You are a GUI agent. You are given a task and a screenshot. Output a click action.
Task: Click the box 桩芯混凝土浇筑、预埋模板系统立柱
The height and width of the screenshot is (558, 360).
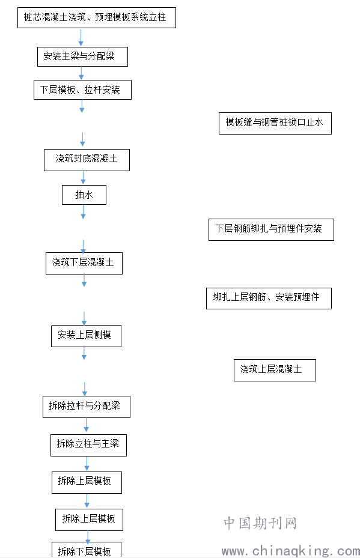point(97,17)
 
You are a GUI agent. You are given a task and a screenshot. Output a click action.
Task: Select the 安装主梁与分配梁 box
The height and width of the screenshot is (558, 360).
point(82,56)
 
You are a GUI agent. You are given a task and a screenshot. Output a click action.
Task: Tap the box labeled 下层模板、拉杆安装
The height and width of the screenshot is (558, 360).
point(82,89)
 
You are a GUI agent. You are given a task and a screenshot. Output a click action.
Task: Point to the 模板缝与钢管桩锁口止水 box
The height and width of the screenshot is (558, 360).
point(275,123)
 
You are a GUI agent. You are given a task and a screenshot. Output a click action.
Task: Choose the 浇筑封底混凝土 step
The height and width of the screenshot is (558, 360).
point(87,160)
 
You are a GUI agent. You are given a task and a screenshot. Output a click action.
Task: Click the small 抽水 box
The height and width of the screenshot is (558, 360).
point(84,195)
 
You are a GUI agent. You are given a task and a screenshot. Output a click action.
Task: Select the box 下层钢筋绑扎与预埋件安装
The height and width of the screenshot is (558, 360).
point(271,229)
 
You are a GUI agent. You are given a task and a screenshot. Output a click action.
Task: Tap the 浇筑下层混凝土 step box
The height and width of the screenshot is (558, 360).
point(84,263)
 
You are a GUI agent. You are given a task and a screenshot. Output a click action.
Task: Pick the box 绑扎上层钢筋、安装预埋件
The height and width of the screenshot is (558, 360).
point(269,298)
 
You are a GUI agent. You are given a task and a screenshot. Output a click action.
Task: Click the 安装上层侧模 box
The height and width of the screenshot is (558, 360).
point(86,336)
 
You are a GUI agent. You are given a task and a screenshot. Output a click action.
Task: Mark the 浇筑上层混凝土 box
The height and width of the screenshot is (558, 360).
point(275,370)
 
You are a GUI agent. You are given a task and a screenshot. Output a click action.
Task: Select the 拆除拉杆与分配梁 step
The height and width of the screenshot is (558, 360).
point(87,407)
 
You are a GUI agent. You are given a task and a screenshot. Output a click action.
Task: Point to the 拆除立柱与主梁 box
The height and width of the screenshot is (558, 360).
point(89,445)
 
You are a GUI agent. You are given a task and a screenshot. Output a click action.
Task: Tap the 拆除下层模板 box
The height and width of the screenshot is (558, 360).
point(87,550)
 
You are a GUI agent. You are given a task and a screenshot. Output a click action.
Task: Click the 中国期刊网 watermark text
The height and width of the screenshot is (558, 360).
point(260,523)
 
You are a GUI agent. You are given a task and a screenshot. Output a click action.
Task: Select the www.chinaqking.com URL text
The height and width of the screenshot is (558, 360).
point(290,551)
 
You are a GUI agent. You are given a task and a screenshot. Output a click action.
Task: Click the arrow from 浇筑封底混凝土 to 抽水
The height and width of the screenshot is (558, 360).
point(84,178)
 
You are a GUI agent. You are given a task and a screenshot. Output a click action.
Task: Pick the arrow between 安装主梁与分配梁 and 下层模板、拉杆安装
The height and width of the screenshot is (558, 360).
point(81,73)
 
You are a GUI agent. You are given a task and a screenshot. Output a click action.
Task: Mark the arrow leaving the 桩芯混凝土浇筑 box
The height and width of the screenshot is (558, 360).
point(81,38)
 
